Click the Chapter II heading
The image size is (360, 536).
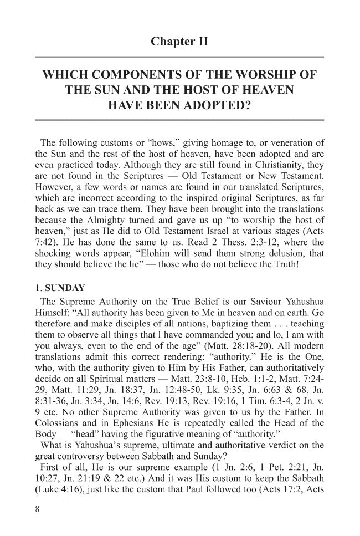(180, 42)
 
